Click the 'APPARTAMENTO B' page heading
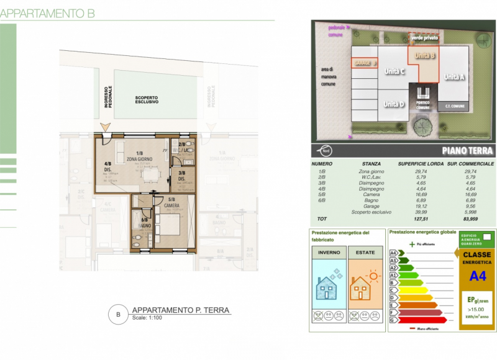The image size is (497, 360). tap(48, 14)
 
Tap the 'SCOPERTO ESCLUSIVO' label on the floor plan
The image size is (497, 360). tap(147, 100)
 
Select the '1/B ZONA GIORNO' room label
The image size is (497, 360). tap(139, 156)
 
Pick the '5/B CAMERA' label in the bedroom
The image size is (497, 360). tap(171, 202)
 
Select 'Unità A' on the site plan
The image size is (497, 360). tap(454, 77)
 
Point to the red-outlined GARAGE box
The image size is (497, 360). tap(365, 64)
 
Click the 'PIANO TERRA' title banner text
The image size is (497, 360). tap(468, 151)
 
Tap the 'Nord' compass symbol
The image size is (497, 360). tap(326, 150)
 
